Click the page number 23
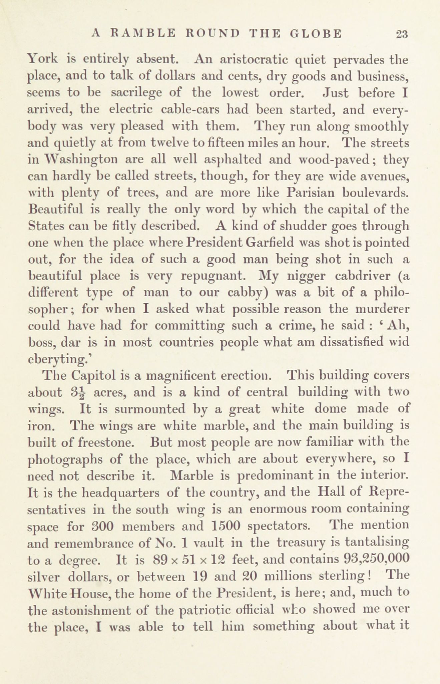click(x=402, y=34)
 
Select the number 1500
click(x=227, y=526)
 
